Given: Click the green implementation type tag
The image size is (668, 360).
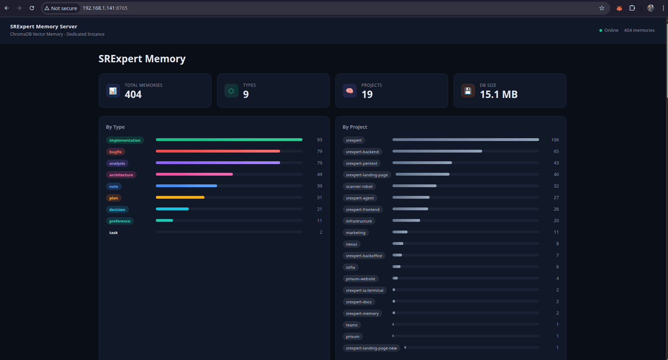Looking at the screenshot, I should pos(125,140).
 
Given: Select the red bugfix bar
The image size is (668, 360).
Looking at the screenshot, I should pos(217,151).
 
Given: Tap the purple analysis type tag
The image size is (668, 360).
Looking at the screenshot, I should pos(117,163).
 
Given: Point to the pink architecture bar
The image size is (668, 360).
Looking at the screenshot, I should pos(194,174).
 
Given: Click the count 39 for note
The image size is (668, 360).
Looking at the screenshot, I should pos(319,186).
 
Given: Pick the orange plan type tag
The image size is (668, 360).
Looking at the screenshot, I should pos(113,198).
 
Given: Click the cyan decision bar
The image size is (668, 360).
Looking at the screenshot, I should pos(172,209).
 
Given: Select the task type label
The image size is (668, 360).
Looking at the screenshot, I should pos(113,233).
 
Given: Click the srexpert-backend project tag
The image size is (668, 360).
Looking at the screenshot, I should pos(362,152).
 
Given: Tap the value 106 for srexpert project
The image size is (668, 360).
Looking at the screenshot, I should pos(555,140).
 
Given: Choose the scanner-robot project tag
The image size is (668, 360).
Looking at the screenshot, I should pos(359,186).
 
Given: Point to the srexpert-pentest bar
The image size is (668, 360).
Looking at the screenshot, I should pos(422,163).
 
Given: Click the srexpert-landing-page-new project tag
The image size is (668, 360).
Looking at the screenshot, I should pos(371,348).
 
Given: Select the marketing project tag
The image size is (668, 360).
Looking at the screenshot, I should pos(355,233).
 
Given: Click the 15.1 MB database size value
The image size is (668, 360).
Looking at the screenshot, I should pos(498,94).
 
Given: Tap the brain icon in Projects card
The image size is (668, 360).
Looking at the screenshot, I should pos(349,91).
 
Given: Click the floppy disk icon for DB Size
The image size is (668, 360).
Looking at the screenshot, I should pos(468,91).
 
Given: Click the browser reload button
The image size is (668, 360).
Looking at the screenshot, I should pos(32,8).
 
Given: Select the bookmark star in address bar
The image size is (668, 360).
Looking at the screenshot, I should pos(601,8).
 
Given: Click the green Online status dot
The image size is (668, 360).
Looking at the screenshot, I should pos(601,30).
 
